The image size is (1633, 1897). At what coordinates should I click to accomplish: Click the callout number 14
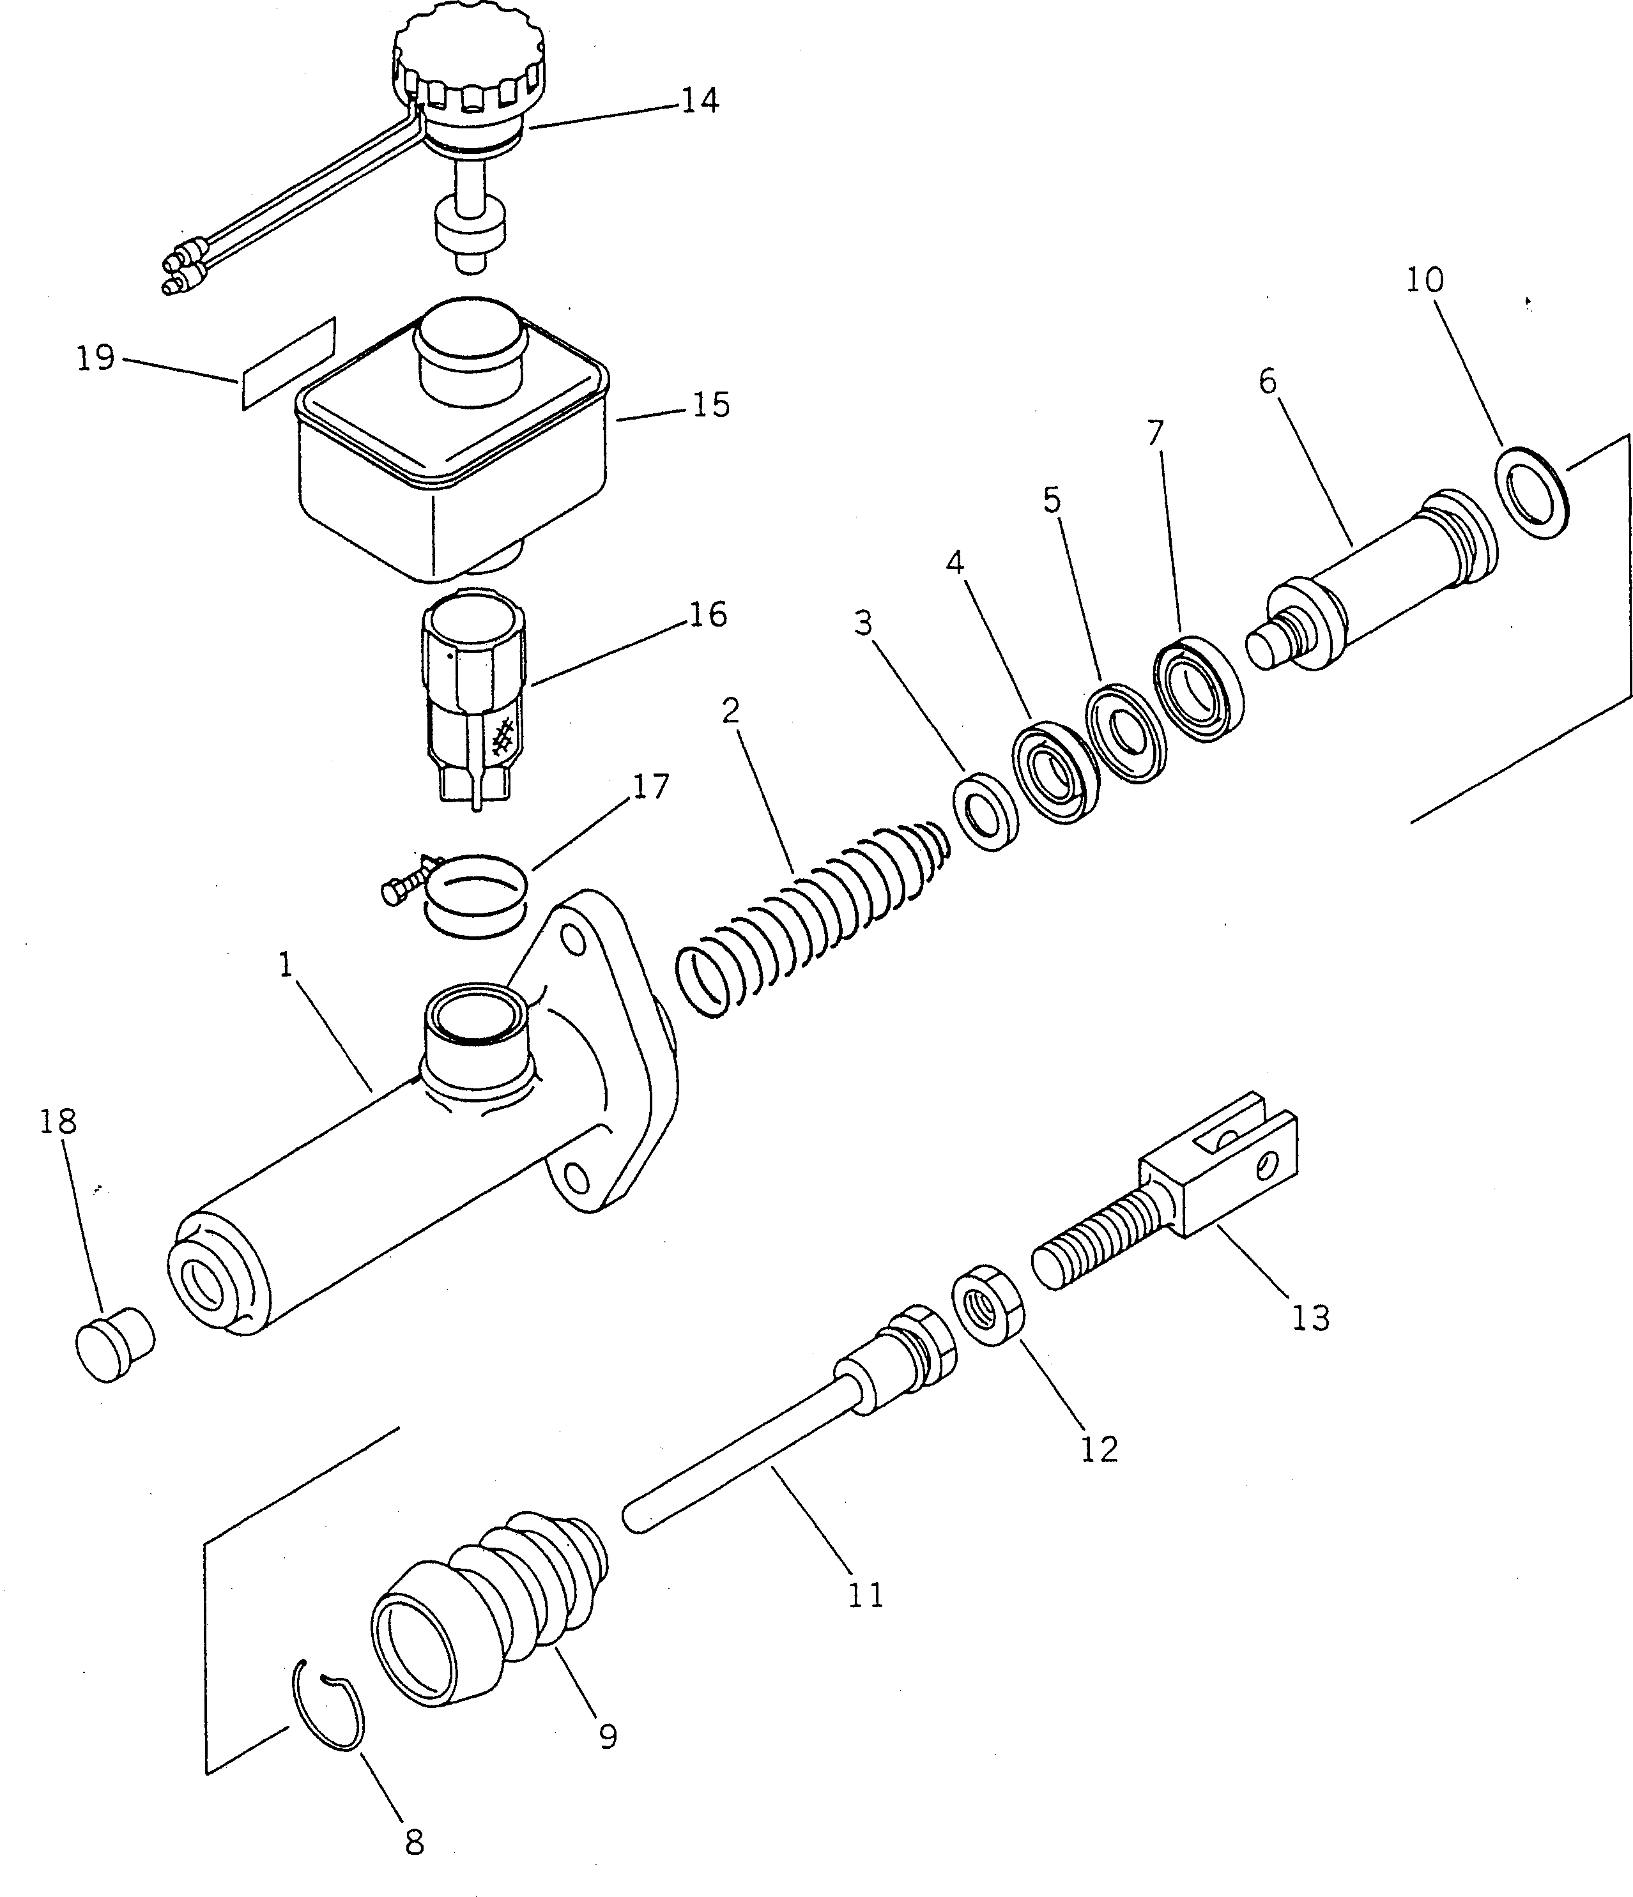click(699, 100)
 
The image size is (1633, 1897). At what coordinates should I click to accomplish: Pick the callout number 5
click(1052, 500)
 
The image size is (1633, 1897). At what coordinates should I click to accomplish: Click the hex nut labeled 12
click(988, 1306)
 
